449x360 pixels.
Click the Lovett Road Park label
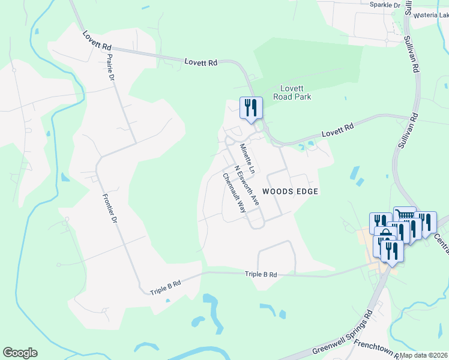click(x=292, y=92)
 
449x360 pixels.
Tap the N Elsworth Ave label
click(x=246, y=185)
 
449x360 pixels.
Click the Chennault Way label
click(x=234, y=193)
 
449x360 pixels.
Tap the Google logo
click(x=20, y=353)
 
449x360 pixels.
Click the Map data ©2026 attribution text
click(x=423, y=355)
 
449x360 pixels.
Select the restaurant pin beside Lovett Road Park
click(x=251, y=108)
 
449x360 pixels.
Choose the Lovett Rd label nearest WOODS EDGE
click(x=338, y=128)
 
